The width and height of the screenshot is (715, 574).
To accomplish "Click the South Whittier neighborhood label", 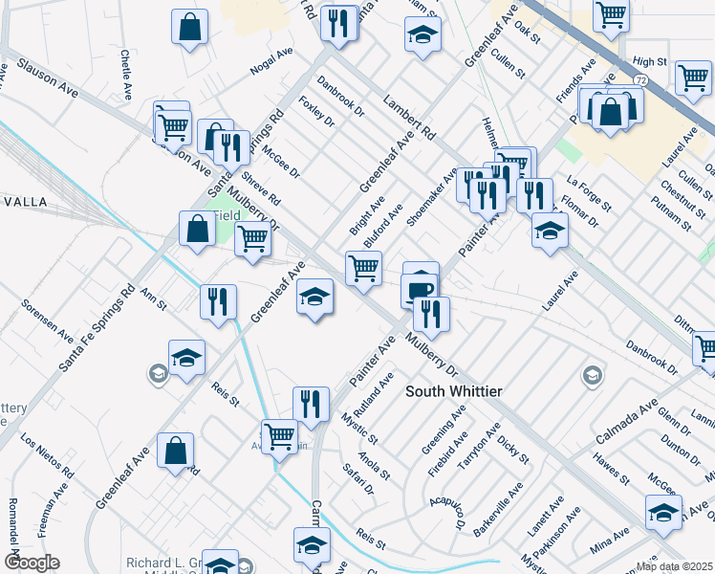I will point(454,391).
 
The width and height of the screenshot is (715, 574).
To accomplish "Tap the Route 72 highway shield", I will point(641,84).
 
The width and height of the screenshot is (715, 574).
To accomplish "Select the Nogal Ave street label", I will point(271,62).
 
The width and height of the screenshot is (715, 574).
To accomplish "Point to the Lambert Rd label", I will point(408,118).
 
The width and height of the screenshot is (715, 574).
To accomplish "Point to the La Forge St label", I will point(587,192).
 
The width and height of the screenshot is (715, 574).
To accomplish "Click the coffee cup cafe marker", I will point(420,287).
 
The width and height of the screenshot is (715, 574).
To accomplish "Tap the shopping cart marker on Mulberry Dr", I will point(363,268).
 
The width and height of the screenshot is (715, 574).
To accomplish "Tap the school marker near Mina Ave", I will point(663,512).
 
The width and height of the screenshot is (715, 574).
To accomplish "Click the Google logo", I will point(32,563).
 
